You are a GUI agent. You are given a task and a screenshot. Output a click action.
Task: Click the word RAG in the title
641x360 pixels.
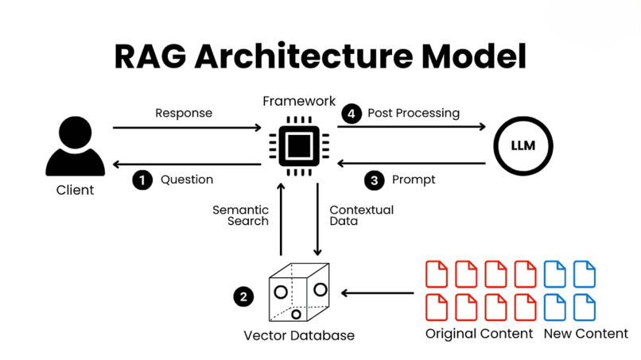tap(150, 56)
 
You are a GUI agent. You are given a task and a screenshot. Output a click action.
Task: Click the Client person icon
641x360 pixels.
tap(76, 146)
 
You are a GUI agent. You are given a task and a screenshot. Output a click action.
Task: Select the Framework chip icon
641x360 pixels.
tap(299, 146)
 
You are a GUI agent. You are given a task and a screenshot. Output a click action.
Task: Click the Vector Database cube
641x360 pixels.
tap(299, 292)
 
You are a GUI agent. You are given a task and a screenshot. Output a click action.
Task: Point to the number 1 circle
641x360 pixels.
tap(142, 180)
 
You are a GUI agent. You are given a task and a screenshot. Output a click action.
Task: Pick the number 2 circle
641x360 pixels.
tap(243, 296)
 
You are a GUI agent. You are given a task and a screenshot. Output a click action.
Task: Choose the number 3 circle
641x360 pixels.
tap(374, 180)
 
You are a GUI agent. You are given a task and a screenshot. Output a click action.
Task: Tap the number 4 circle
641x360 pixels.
tap(352, 114)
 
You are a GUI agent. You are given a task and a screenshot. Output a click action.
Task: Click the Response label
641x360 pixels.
tap(184, 113)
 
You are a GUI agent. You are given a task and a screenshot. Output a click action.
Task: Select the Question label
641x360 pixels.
tap(187, 180)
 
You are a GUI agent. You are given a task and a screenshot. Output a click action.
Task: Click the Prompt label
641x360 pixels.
tap(414, 180)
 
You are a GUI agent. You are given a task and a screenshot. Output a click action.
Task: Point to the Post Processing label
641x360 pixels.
tap(414, 113)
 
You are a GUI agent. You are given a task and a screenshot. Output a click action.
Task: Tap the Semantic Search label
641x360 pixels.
tap(241, 215)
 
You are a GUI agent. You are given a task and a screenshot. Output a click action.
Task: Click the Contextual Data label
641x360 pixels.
tap(362, 215)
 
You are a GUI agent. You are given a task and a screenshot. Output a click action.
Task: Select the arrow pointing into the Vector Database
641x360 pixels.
tap(377, 293)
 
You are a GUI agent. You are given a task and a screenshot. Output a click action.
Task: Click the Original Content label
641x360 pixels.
tap(479, 334)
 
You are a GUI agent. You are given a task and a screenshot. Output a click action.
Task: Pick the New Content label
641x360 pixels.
tap(586, 334)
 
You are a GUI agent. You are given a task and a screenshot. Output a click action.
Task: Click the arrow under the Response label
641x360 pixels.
tap(187, 128)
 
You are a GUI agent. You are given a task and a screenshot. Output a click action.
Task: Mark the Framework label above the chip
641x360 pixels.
tap(299, 101)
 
